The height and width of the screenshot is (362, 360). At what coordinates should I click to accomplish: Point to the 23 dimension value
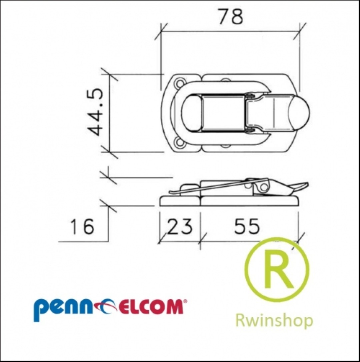[180, 226]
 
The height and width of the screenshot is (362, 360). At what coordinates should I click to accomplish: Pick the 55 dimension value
[247, 226]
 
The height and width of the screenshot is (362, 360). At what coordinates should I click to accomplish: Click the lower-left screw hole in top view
[179, 143]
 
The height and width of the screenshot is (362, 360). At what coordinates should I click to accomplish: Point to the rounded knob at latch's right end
[299, 113]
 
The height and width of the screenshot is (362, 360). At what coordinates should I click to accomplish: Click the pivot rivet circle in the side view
[263, 187]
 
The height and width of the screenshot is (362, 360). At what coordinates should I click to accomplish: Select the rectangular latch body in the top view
[224, 113]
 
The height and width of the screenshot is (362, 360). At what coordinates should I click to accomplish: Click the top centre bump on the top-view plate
[226, 80]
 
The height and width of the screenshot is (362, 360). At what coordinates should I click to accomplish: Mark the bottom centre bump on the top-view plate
[226, 146]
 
